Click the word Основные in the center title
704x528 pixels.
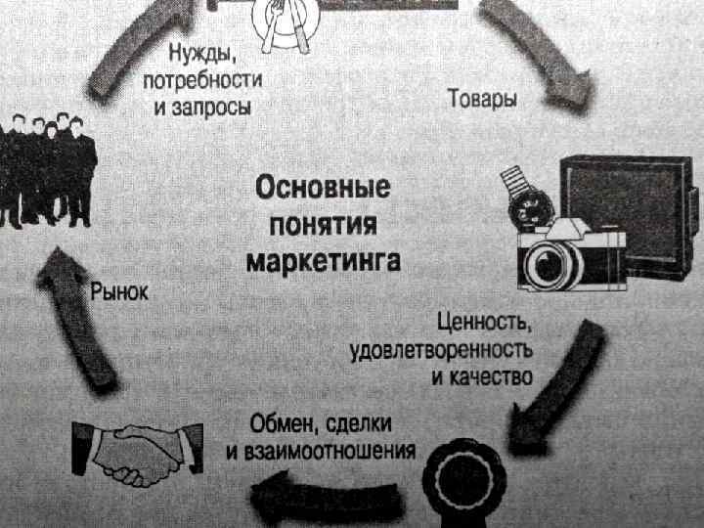point(323,186)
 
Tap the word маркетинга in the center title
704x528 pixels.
point(323,262)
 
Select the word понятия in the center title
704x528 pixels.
point(323,224)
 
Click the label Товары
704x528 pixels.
point(482,98)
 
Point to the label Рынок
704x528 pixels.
point(119,291)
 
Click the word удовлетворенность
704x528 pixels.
point(442,349)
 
